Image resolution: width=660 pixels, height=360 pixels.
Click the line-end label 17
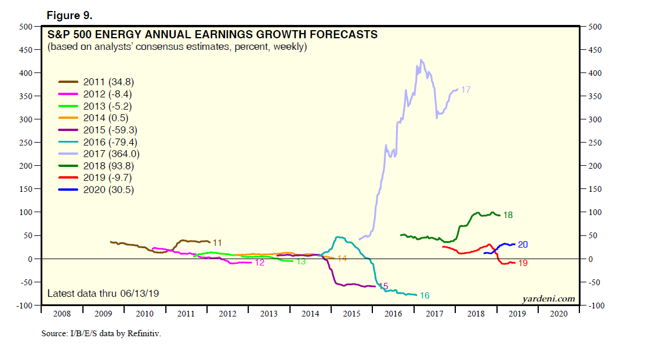[465, 90]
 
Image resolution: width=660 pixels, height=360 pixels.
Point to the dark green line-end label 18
[507, 215]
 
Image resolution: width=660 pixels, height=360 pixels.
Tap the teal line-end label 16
[424, 296]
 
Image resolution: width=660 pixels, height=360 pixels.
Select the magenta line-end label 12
[259, 263]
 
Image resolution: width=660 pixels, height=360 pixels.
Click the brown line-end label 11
[217, 242]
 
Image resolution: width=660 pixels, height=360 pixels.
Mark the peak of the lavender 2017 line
[420, 60]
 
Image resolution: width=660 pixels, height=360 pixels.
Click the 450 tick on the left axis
[24, 50]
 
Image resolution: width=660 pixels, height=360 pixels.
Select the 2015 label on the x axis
[351, 314]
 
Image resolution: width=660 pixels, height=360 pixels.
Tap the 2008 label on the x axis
[61, 314]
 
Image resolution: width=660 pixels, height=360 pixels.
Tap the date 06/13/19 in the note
[139, 293]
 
